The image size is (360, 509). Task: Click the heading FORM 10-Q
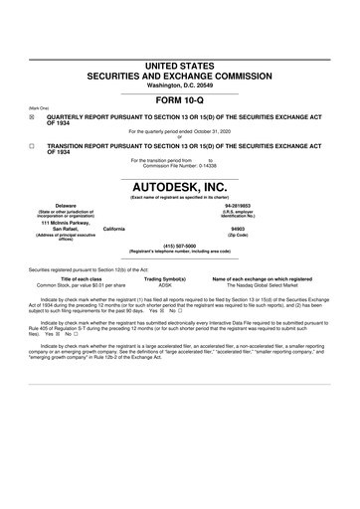pyautogui.click(x=179, y=100)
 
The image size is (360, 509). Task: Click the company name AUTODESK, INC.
pyautogui.click(x=179, y=185)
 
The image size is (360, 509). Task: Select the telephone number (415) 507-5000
pyautogui.click(x=179, y=244)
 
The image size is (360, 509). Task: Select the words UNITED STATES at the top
pyautogui.click(x=179, y=65)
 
